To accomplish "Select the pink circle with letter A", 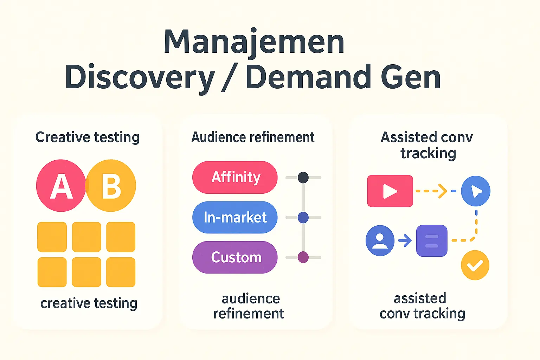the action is [x=61, y=185].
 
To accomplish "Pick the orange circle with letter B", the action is [x=111, y=185].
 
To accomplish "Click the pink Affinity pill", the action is [x=235, y=177].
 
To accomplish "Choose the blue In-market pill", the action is [x=235, y=217].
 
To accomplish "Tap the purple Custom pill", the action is [x=235, y=257].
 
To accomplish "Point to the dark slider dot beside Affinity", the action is [x=303, y=178].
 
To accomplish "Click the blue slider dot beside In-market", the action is [x=303, y=218].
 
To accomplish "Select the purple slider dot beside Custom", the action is [x=303, y=257].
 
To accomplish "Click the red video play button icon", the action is [x=390, y=191].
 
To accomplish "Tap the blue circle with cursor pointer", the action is [x=476, y=191].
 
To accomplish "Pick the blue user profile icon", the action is [x=380, y=240].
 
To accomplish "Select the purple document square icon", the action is [x=432, y=240].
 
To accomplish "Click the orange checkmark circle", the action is [x=475, y=265].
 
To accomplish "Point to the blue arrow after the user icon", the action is [x=405, y=240].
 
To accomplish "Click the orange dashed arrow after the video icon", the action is [x=431, y=191].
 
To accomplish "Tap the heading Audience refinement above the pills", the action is [x=253, y=137].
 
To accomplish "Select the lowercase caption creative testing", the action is [x=89, y=303].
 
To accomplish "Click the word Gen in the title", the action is [x=411, y=77].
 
